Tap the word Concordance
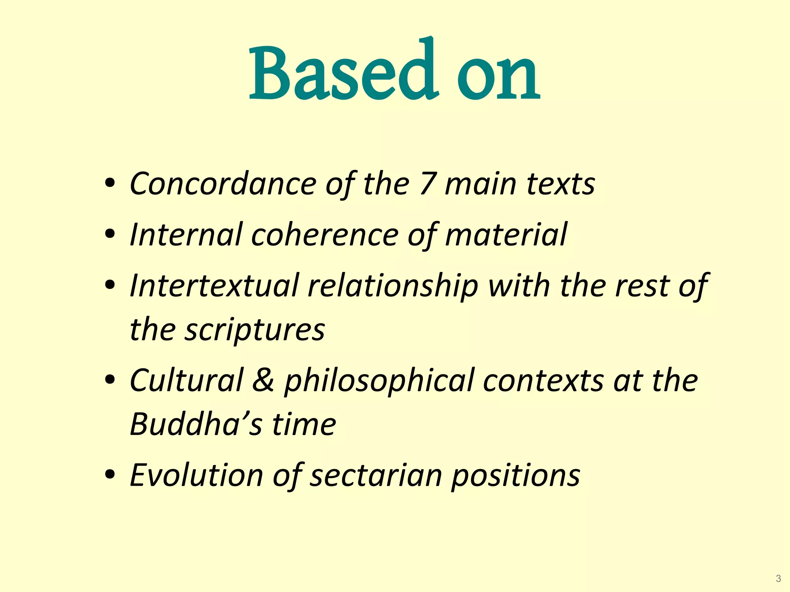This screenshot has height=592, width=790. [x=223, y=184]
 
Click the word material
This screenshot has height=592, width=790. [x=506, y=234]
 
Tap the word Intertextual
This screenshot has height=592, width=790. [x=214, y=286]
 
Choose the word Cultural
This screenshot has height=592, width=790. [x=187, y=380]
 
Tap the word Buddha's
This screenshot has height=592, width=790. [x=196, y=424]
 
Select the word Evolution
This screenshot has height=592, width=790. [x=196, y=475]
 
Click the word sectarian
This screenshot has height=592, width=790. [x=376, y=475]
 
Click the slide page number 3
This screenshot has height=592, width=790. [x=778, y=579]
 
